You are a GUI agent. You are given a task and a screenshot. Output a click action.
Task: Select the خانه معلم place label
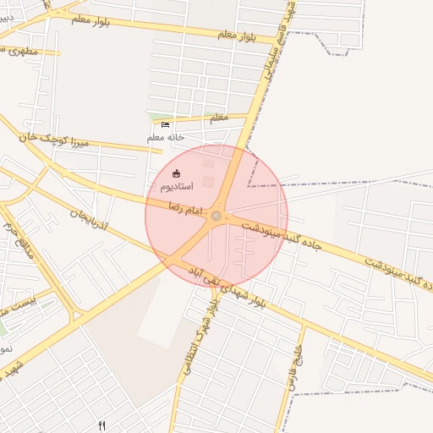(x=166, y=137)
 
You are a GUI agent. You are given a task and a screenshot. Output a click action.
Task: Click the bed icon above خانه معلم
(x=165, y=125)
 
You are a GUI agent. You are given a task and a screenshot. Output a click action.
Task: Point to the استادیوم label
(x=176, y=185)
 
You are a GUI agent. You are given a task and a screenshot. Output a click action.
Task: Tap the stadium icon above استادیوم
(x=176, y=173)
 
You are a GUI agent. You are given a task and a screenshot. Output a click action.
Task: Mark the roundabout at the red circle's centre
(x=216, y=216)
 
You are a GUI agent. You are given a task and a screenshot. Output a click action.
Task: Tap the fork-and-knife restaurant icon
(x=102, y=425)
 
